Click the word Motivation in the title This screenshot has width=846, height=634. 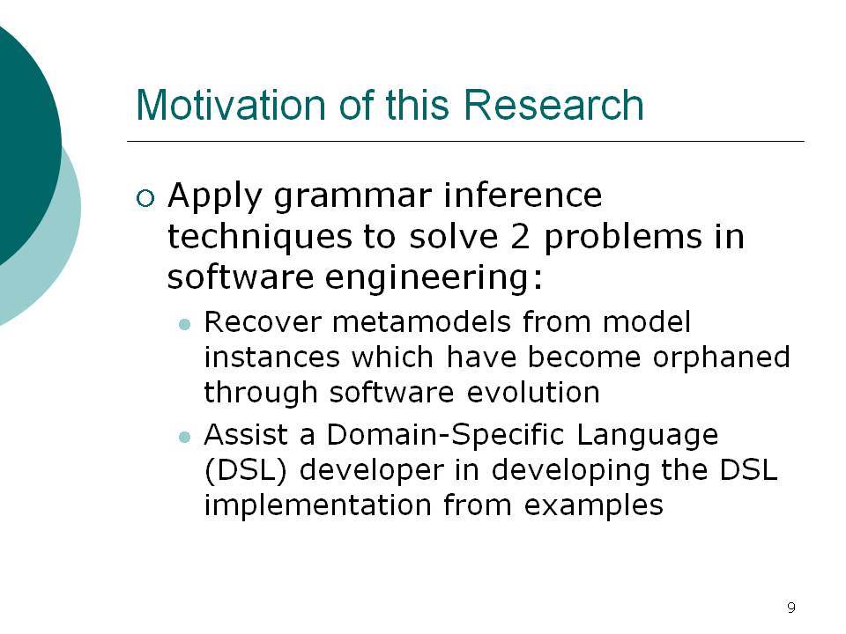coord(231,105)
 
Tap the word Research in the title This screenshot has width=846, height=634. coord(553,105)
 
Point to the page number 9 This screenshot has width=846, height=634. coord(791,608)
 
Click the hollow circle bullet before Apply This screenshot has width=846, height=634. coord(145,198)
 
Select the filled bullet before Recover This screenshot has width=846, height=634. coord(184,324)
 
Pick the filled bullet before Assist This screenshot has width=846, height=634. coord(184,437)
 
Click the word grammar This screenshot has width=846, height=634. coord(352,197)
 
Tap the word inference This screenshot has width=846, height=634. coord(523,195)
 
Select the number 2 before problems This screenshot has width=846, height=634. coord(520,237)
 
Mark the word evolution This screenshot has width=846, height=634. coord(533,392)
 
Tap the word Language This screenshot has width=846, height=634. coord(648,437)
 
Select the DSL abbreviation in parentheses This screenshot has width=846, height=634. coord(246,470)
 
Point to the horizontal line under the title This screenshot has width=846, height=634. coord(465,141)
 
